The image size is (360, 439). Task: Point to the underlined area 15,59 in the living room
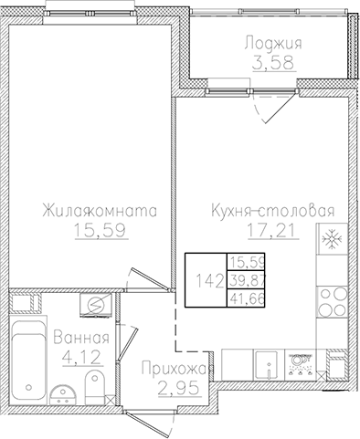[x=101, y=232]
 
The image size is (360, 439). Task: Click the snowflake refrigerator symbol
[x=329, y=241]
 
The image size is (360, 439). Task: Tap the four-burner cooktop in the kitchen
[x=300, y=362]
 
